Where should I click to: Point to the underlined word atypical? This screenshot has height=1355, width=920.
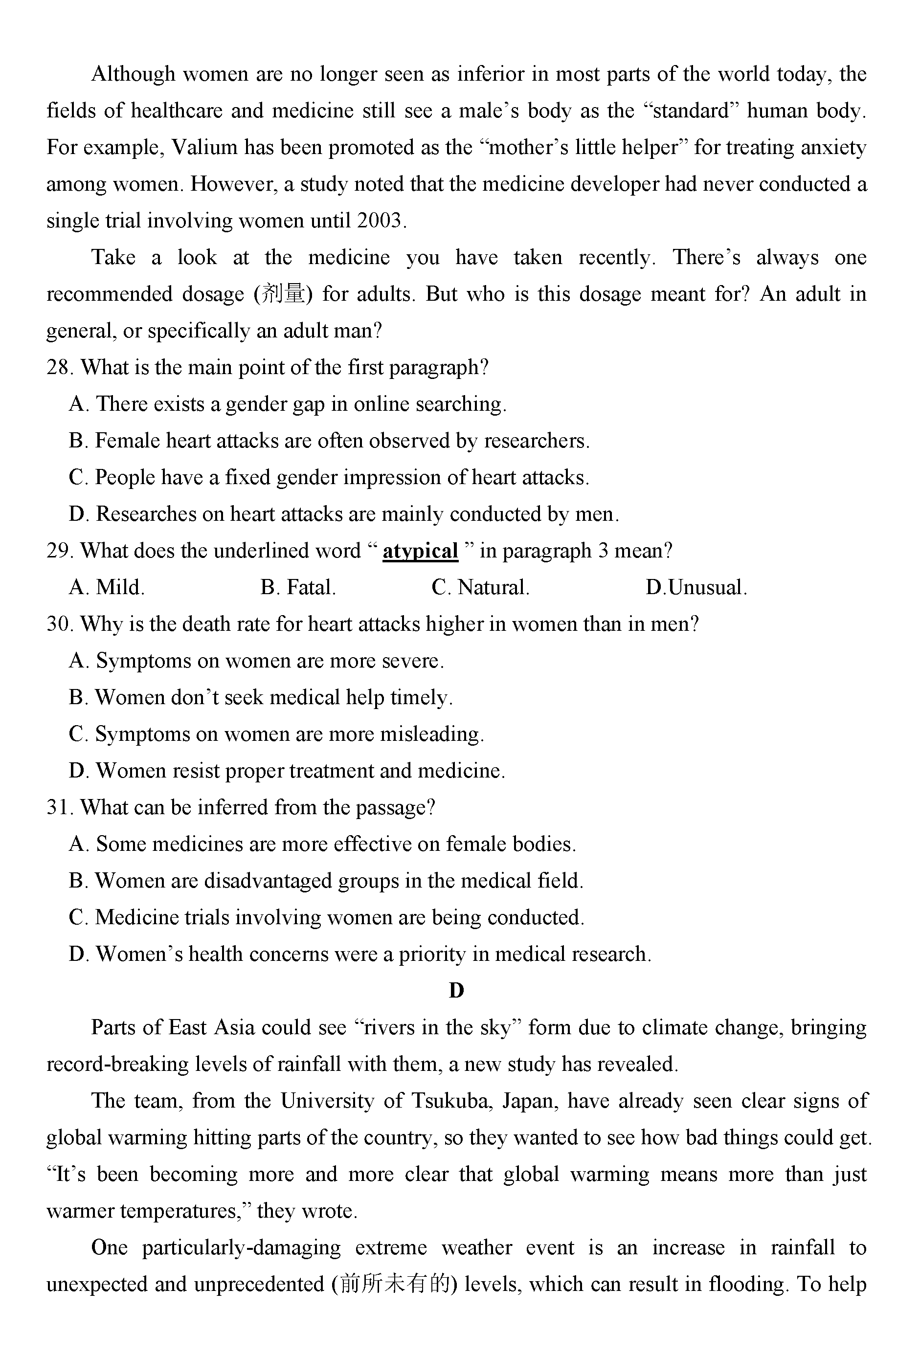(x=420, y=551)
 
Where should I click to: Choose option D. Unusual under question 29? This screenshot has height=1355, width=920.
(x=696, y=588)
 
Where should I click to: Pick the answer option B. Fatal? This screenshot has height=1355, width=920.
(x=298, y=588)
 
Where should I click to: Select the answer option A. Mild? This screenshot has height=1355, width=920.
(x=107, y=588)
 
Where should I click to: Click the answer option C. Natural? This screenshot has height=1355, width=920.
(x=480, y=588)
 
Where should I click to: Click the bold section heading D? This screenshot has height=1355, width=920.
(x=456, y=991)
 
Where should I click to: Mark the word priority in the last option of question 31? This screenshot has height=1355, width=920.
(x=432, y=955)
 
